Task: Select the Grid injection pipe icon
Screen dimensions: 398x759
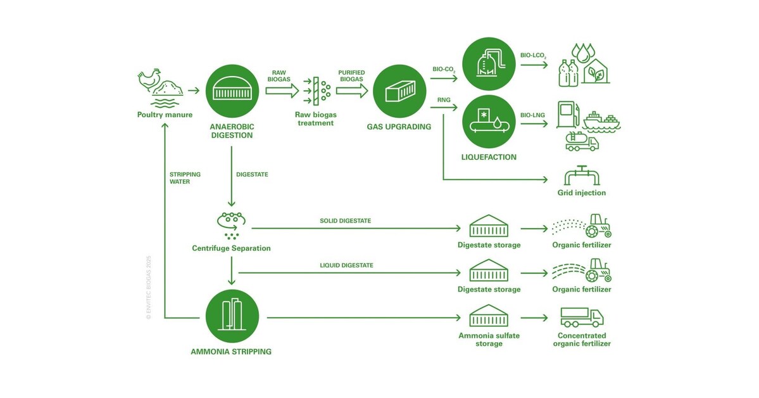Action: (582, 176)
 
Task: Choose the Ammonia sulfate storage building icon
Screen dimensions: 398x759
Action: (489, 317)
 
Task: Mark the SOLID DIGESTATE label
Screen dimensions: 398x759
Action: (346, 221)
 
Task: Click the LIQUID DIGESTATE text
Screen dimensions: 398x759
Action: (345, 265)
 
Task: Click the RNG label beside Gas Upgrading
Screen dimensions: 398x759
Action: (444, 100)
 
